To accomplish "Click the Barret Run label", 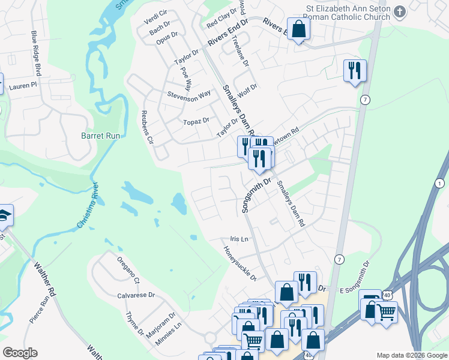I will coord(101,136).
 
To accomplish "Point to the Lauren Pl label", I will coord(23,86).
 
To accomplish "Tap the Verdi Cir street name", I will coord(155,17).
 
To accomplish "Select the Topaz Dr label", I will coord(196,121).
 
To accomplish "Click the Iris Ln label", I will coord(239,239).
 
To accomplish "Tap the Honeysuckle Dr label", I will coord(240,264).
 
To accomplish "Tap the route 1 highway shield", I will coord(441,182).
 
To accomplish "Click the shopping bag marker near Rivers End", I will coord(298,28).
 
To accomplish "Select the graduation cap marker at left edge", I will coord(4,215).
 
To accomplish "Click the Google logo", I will coord(20,353).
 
